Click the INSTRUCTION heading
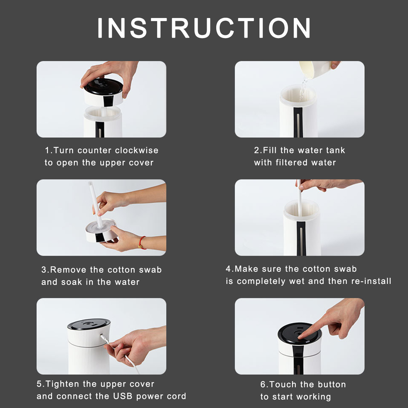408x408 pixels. click(204, 28)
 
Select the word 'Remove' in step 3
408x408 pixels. click(68, 270)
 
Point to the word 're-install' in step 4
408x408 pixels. click(371, 281)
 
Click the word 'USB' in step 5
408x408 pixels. click(123, 396)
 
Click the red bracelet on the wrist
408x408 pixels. click(143, 242)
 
